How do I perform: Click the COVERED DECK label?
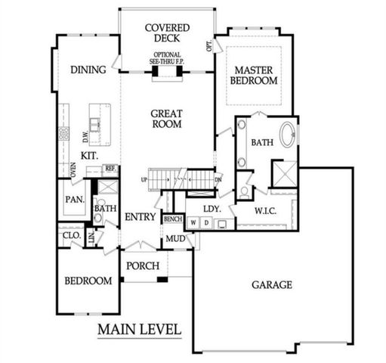[x=167, y=33]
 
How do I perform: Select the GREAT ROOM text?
[x=167, y=117]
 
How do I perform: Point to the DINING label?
[x=88, y=70]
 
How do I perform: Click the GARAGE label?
[x=272, y=284]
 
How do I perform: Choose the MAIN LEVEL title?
[x=140, y=330]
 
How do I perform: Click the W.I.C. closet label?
[x=265, y=209]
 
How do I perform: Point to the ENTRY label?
[x=141, y=217]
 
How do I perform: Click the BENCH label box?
[x=174, y=219]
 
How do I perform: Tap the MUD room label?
[x=175, y=239]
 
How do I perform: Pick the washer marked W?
[x=193, y=223]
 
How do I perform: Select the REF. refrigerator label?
[x=110, y=169]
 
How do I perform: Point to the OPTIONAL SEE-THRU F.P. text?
[x=167, y=59]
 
